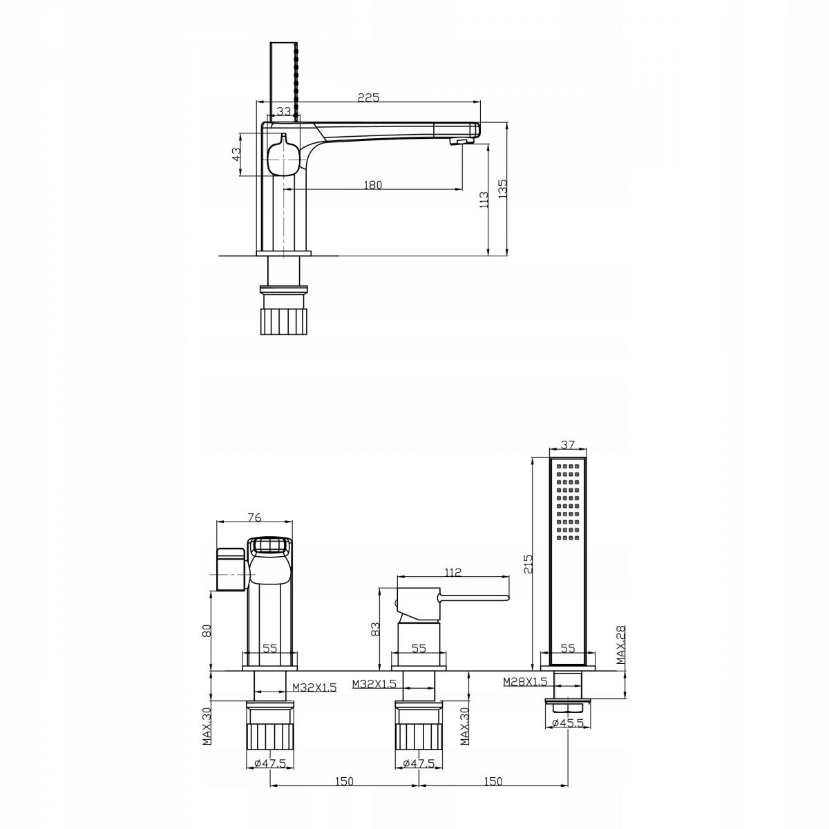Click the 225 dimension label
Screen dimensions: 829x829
(x=369, y=97)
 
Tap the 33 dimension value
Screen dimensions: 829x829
(x=283, y=111)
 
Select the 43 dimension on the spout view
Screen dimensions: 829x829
(x=236, y=154)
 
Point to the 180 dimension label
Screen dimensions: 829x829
(x=372, y=185)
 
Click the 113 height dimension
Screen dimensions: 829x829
(x=484, y=200)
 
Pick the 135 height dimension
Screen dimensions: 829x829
(x=503, y=189)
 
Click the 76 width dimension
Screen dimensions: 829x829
(x=255, y=517)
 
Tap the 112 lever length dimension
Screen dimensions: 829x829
(x=453, y=572)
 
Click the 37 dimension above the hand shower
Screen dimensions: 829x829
(x=568, y=444)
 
